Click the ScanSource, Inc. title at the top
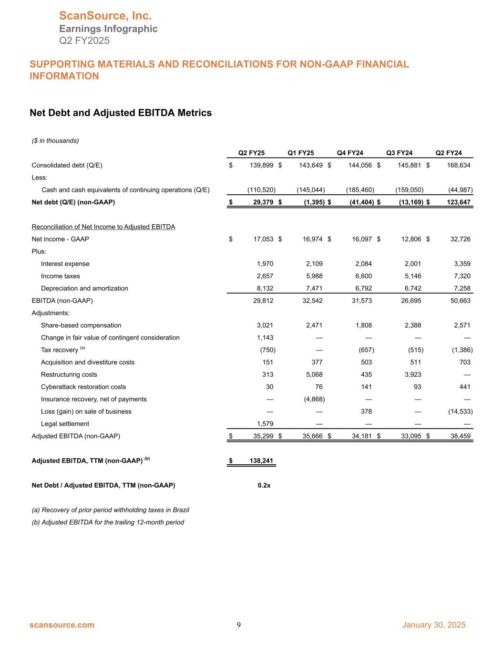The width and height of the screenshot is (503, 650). (x=105, y=16)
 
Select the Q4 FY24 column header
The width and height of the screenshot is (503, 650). (x=350, y=153)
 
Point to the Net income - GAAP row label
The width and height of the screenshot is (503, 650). (x=60, y=239)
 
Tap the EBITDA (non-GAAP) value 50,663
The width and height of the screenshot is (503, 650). (x=459, y=301)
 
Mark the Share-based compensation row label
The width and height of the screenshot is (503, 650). (x=81, y=325)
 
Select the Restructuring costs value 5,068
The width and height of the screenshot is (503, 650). (x=314, y=375)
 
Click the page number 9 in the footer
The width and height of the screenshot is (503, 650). (x=239, y=625)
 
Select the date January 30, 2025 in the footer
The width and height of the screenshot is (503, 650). (x=434, y=625)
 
